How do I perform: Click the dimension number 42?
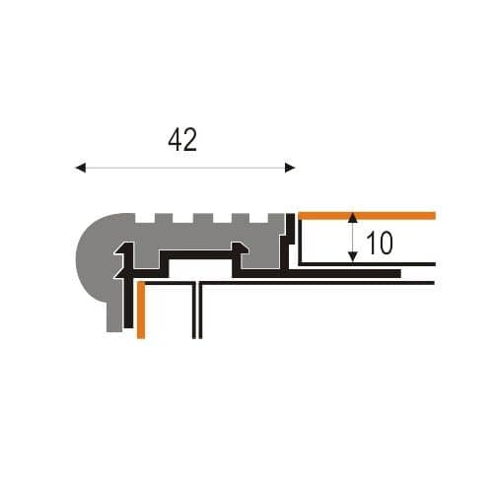tap(182, 140)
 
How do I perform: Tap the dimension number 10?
tap(380, 244)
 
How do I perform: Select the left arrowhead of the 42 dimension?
tap(81, 168)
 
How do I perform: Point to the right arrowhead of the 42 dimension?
tap(290, 168)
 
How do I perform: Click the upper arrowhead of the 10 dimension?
tap(353, 218)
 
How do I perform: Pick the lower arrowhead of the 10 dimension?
tap(353, 257)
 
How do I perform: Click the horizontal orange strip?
tap(367, 216)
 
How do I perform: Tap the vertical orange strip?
tap(141, 310)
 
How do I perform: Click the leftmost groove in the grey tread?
tap(145, 218)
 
